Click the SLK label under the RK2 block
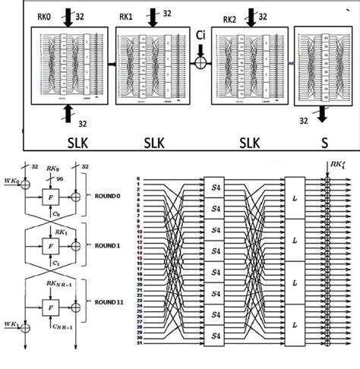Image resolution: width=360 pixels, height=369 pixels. pyautogui.click(x=248, y=142)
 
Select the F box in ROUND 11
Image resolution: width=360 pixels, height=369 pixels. pyautogui.click(x=52, y=309)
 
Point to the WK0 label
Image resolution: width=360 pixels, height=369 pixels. pyautogui.click(x=11, y=181)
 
